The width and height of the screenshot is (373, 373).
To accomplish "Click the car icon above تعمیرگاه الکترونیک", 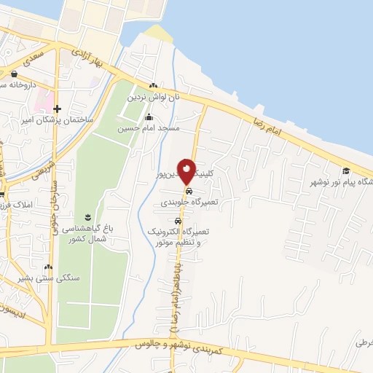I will coord(178,220).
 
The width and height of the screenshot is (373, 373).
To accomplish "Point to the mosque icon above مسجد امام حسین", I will coord(149,117).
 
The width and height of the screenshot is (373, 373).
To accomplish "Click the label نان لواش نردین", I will coord(154,96).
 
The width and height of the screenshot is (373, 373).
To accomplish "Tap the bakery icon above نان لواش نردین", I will coord(153,85).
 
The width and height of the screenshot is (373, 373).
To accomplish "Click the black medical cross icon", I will coord(57,109).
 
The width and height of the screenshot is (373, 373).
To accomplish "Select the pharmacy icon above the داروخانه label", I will coord(15,74).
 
